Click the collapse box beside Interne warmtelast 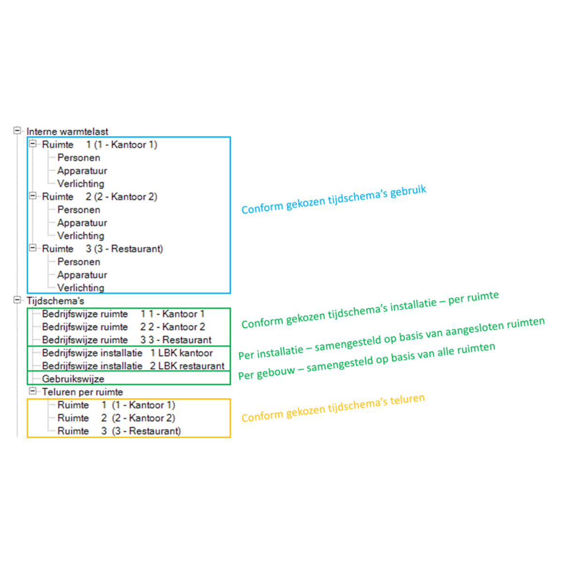[17, 130]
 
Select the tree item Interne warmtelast [67, 132]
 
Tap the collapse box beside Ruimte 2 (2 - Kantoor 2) [33, 196]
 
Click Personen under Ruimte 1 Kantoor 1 [79, 158]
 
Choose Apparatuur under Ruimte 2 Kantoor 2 [82, 223]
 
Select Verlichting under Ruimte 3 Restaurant [81, 288]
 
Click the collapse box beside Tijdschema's [17, 300]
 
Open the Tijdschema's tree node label [55, 301]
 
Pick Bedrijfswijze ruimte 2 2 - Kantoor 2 [123, 327]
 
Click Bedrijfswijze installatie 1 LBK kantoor [128, 353]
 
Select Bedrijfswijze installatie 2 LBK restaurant [133, 366]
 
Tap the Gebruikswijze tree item [73, 379]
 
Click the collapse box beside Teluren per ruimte [33, 391]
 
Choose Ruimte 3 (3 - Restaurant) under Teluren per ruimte [119, 431]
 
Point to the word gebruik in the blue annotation [408, 192]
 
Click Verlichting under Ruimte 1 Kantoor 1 [81, 184]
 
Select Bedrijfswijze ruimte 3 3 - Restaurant [127, 340]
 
